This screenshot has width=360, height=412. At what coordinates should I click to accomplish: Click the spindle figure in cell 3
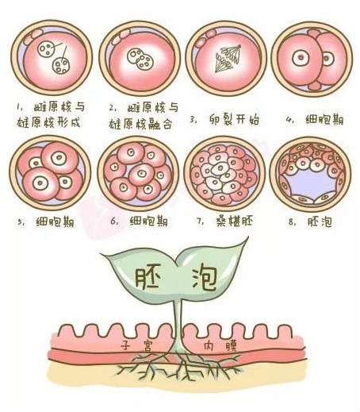click(228, 59)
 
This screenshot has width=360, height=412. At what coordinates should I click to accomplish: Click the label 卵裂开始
click(234, 120)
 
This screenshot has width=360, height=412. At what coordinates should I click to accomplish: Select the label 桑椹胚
click(235, 221)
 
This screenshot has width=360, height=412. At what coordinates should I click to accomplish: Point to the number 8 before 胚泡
click(291, 221)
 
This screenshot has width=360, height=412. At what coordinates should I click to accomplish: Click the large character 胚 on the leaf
click(148, 279)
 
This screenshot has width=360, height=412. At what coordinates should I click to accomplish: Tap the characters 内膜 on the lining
click(220, 345)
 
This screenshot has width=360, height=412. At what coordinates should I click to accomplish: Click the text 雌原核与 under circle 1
click(59, 107)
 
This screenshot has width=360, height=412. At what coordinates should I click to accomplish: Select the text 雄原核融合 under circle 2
click(141, 123)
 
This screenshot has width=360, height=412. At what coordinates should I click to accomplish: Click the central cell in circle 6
click(141, 174)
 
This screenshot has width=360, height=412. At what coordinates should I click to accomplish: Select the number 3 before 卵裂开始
click(193, 120)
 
